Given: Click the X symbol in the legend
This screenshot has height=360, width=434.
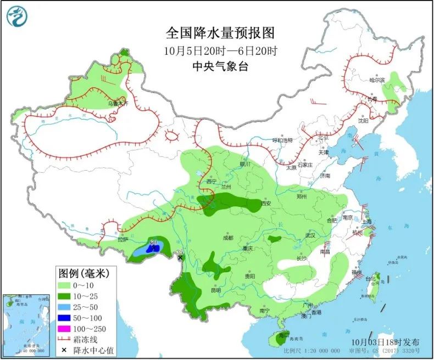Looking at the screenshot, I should point(64,350).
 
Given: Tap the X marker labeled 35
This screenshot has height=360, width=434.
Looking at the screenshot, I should point(179,257).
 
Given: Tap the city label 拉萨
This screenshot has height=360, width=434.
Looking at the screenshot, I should point(122,240).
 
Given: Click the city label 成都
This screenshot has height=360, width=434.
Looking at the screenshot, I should point(227,238).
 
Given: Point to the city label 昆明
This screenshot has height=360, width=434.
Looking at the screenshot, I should point(215,290).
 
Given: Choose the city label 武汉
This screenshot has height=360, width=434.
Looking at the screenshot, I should point(311,235).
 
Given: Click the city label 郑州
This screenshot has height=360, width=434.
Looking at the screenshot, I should point(302,196).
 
